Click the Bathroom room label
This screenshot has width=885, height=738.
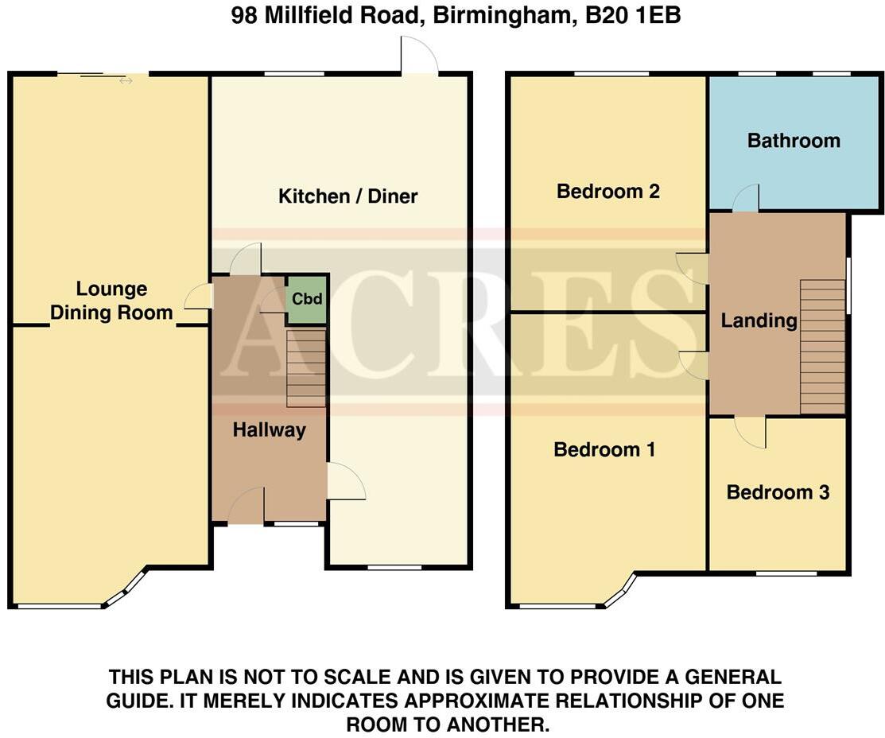[x=794, y=141]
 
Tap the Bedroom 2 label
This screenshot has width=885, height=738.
[x=608, y=192]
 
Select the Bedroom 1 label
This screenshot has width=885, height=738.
[x=604, y=450]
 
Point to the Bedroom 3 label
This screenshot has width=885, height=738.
[x=778, y=492]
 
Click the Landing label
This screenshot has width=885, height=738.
[x=759, y=320]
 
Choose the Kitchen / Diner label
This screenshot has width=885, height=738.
[x=347, y=196]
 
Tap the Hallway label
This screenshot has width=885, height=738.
[x=269, y=430]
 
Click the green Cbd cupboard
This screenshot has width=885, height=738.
[x=306, y=300]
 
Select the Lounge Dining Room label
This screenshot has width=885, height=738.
[x=111, y=301]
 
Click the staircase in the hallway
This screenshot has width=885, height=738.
[x=306, y=367]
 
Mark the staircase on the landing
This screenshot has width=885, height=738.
[x=822, y=347]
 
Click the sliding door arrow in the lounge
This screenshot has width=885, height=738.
[x=126, y=80]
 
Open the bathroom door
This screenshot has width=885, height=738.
[x=745, y=199]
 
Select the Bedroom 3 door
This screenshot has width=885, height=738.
[x=750, y=430]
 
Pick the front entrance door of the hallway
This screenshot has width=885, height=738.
[x=246, y=507]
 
